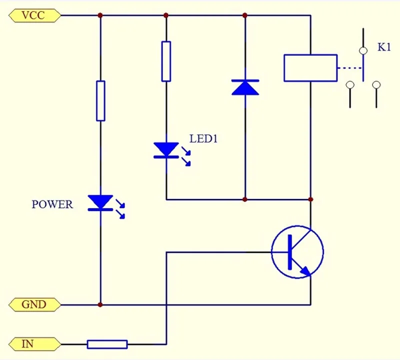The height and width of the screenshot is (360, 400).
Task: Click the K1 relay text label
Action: [x=384, y=47]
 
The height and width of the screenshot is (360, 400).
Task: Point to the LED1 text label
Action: [x=203, y=139]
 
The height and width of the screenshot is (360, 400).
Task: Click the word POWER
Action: [x=52, y=204]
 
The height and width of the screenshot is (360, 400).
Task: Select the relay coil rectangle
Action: [x=310, y=68]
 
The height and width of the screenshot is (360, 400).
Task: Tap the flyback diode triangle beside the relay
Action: [x=245, y=87]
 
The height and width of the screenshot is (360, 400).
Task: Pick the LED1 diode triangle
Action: [x=166, y=149]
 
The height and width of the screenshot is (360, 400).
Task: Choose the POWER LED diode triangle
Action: [x=100, y=202]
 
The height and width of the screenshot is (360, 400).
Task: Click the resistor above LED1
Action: [x=166, y=61]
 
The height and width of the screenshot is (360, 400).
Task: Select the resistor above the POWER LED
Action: [x=100, y=101]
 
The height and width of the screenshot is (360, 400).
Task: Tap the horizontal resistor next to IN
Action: [x=107, y=344]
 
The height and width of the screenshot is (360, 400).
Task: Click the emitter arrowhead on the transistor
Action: [x=306, y=272]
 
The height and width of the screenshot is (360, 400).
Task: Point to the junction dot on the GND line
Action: [x=100, y=304]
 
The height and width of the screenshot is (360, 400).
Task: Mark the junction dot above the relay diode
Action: [x=245, y=15]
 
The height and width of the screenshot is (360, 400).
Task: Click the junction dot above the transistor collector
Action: [x=310, y=199]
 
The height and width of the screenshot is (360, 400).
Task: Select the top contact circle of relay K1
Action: [x=363, y=51]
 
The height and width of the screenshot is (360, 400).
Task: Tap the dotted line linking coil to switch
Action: [x=349, y=68]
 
